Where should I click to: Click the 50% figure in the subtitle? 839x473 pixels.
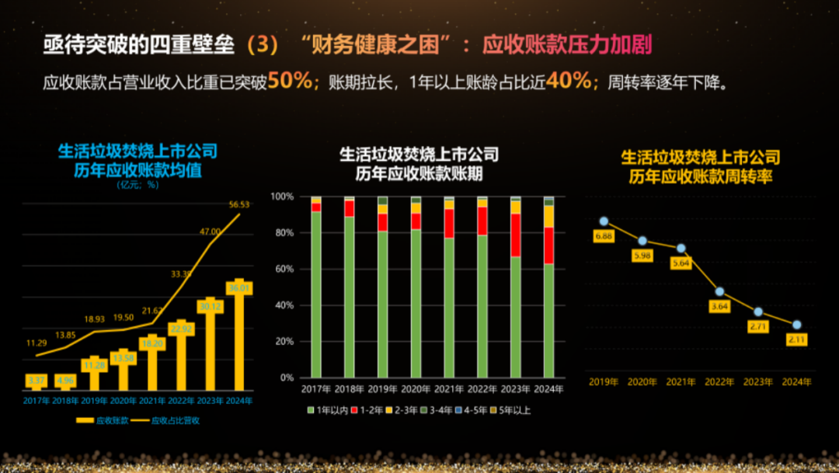pyautogui.click(x=291, y=81)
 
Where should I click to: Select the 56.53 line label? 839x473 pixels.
pyautogui.click(x=239, y=204)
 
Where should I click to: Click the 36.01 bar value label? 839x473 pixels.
pyautogui.click(x=239, y=288)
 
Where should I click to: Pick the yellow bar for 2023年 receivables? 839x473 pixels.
pyautogui.click(x=211, y=345)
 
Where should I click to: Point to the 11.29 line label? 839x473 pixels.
pyautogui.click(x=37, y=343)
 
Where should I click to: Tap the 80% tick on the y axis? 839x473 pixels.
pyautogui.click(x=284, y=233)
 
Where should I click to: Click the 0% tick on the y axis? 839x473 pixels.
pyautogui.click(x=287, y=377)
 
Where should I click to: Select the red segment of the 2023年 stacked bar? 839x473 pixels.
pyautogui.click(x=516, y=235)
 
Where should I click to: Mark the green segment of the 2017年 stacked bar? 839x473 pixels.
pyautogui.click(x=316, y=294)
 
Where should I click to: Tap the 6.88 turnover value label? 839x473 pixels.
pyautogui.click(x=603, y=235)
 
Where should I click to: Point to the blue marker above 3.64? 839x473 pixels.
pyautogui.click(x=720, y=291)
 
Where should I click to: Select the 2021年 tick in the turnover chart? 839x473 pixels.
pyautogui.click(x=681, y=382)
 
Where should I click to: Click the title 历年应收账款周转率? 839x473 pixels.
pyautogui.click(x=700, y=177)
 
